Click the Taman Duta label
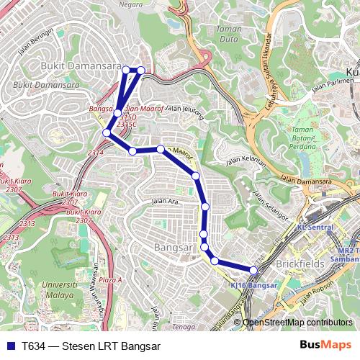228,34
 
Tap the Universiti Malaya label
59,289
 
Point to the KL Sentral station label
315,227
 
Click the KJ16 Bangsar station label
253,285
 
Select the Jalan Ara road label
164,201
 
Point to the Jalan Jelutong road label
185,109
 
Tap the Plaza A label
110,279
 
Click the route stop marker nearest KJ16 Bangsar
253,270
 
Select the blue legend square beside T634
9,346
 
